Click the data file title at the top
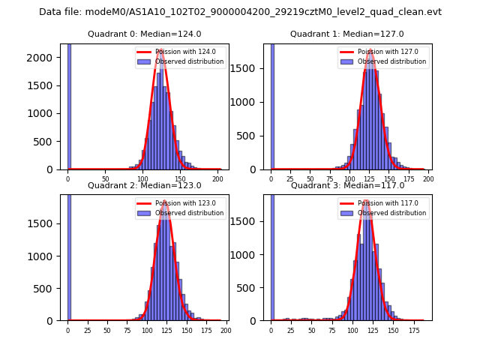pos(240,12)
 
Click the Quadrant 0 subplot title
pos(144,34)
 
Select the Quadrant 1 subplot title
pos(346,34)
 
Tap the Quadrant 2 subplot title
pos(144,185)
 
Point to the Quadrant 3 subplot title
pos(346,185)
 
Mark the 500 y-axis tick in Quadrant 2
pos(50,287)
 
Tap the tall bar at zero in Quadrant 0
pos(69,105)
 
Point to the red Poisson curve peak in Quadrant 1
pos(370,51)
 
